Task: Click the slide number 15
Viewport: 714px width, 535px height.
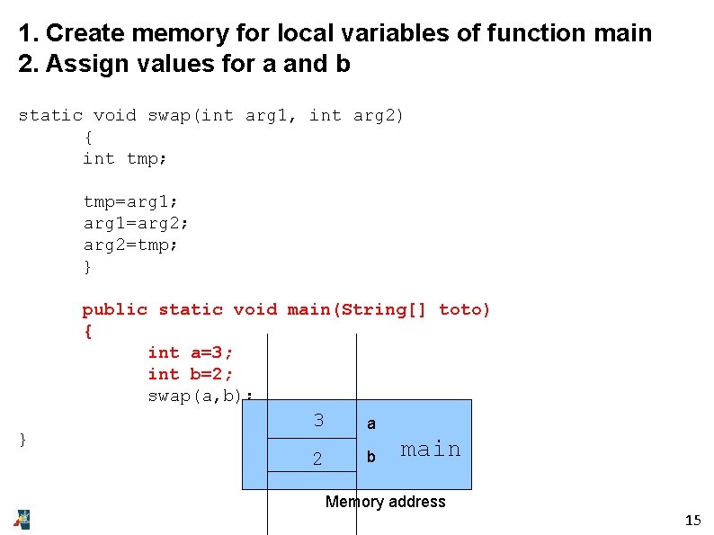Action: tap(692, 521)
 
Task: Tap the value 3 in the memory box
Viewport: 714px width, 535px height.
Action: tap(318, 420)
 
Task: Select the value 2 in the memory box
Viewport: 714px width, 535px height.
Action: tap(317, 459)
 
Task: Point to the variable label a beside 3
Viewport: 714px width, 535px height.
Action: tap(371, 424)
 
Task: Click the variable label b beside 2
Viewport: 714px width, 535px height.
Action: tap(371, 458)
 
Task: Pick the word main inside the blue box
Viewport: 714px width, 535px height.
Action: tap(430, 449)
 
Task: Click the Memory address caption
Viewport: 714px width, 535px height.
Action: tap(385, 502)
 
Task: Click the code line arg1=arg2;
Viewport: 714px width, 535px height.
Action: tap(137, 223)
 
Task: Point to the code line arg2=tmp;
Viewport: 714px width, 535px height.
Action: tap(131, 245)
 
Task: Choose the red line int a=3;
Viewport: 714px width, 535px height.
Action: tap(191, 352)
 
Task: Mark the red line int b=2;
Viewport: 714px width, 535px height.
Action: tap(191, 374)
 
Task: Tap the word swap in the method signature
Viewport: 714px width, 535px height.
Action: tap(169, 115)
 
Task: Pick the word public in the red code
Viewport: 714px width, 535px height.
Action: tap(115, 309)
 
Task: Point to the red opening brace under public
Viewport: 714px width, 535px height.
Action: tap(87, 331)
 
